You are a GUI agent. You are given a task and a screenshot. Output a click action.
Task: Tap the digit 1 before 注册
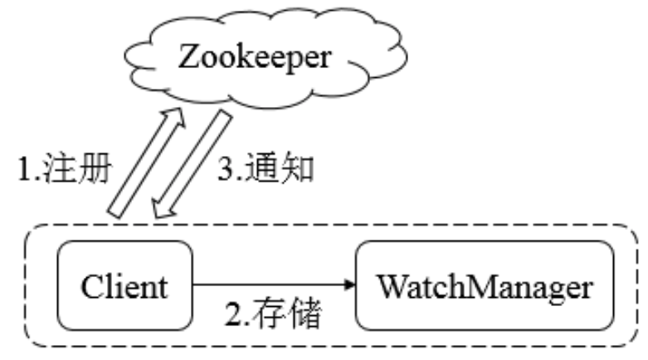[x=25, y=170]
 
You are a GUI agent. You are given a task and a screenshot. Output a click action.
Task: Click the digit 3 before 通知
[x=226, y=170]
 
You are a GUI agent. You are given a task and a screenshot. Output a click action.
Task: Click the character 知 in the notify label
[x=298, y=169]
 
